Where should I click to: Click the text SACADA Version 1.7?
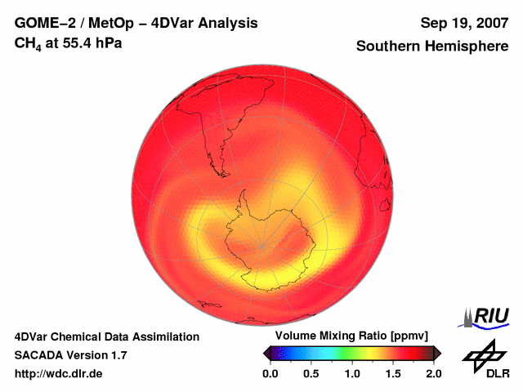tap(70, 355)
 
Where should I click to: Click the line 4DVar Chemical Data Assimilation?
tap(106, 336)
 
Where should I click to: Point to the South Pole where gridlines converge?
tap(262, 244)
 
